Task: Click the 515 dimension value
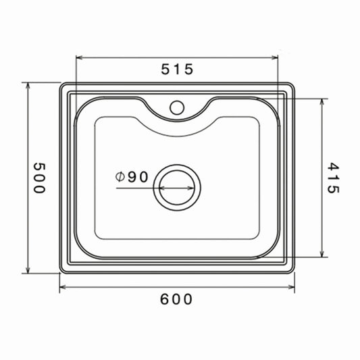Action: (x=177, y=68)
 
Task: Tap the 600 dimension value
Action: (x=177, y=298)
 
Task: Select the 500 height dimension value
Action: (x=38, y=178)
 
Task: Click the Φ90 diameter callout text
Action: (x=132, y=177)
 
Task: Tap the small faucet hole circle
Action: (x=178, y=107)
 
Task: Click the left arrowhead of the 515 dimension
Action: (x=78, y=57)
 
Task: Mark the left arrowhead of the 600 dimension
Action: (x=63, y=287)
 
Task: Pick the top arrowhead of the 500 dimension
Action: (x=27, y=86)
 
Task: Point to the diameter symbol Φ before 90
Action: (x=120, y=177)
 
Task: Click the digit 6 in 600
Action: (x=165, y=298)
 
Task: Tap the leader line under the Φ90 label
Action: (x=135, y=187)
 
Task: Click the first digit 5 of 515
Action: (x=166, y=68)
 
